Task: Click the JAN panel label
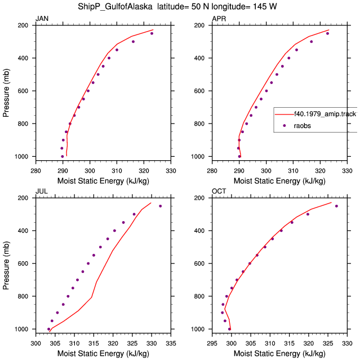click(42, 19)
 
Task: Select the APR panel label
click(219, 19)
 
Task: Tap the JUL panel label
click(42, 191)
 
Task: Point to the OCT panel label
click(219, 191)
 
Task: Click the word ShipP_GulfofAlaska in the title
click(115, 6)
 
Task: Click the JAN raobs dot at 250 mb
click(152, 33)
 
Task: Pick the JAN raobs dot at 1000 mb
click(63, 157)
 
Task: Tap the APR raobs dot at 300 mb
click(312, 42)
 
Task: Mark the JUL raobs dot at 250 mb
click(160, 206)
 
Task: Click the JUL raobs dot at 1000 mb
click(48, 329)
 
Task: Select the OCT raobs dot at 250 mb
click(336, 206)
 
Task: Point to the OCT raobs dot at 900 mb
click(223, 312)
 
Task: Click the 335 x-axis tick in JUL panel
click(171, 344)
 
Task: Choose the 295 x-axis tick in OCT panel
click(212, 344)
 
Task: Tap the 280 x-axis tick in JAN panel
click(35, 171)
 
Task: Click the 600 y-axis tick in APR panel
click(199, 91)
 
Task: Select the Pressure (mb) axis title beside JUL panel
click(6, 266)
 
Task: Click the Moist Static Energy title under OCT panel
click(279, 354)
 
